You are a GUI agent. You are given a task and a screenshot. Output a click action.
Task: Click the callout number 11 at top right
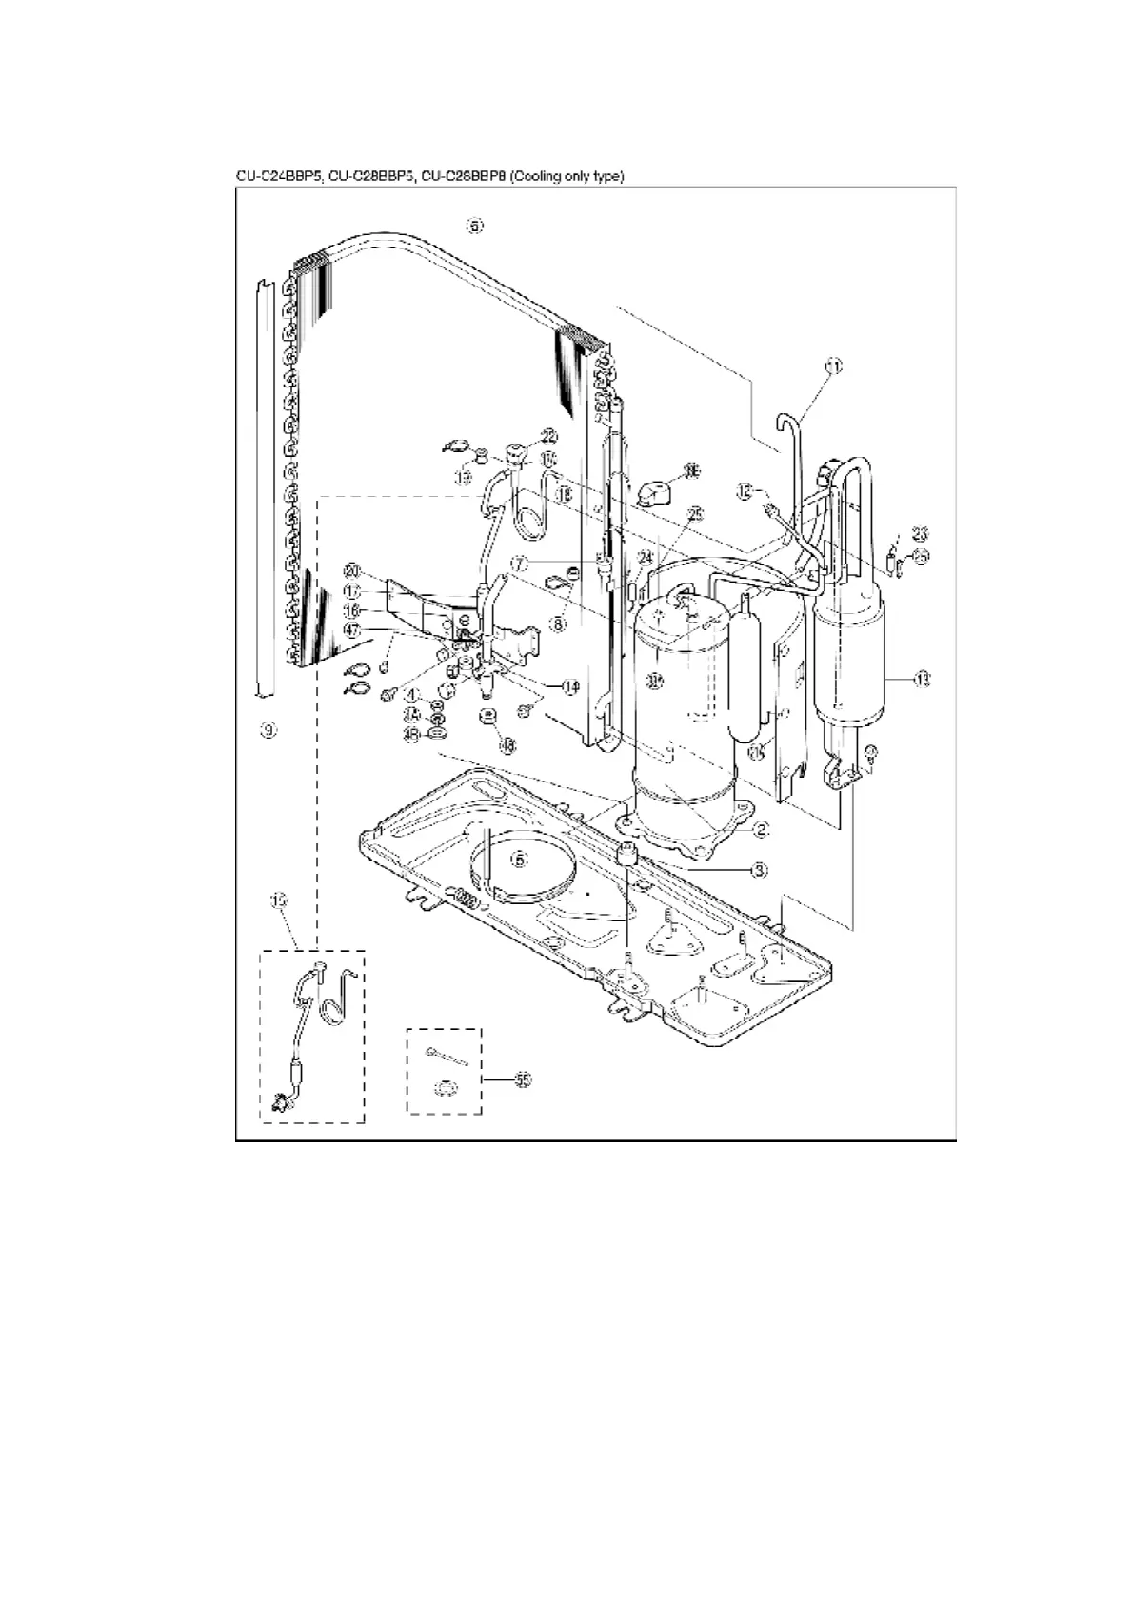coord(834,366)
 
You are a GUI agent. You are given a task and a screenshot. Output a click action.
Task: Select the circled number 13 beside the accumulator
coord(921,680)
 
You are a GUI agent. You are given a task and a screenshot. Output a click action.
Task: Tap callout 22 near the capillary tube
coord(548,435)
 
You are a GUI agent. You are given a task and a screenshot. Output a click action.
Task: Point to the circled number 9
coord(268,730)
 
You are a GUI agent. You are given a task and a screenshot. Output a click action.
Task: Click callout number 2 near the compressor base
coord(761,829)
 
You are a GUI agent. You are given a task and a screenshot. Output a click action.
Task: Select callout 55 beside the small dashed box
coord(522,1079)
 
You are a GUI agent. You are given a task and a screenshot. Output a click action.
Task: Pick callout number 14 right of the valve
coord(569,686)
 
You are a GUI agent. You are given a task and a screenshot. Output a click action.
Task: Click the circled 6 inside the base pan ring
coord(519,859)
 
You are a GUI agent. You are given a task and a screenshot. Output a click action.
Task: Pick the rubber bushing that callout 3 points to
coord(626,855)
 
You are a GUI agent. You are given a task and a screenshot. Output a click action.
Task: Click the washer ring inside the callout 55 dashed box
coord(443,1085)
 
